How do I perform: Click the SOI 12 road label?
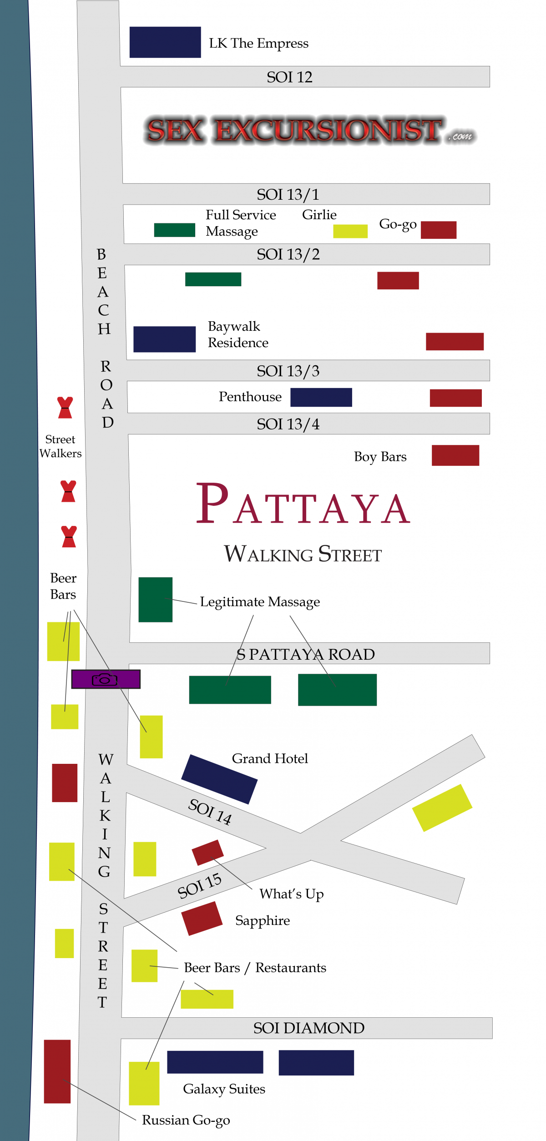click(289, 77)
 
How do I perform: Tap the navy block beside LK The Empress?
click(165, 42)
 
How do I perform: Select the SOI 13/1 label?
click(288, 194)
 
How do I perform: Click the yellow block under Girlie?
click(350, 231)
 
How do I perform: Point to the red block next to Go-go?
click(438, 230)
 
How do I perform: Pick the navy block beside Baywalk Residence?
click(164, 339)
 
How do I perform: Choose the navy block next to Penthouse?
click(321, 397)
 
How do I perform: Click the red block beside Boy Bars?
click(455, 455)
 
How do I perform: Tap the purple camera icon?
click(106, 679)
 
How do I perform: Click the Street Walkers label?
click(60, 446)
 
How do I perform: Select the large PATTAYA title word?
click(303, 505)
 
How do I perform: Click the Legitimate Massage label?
click(260, 602)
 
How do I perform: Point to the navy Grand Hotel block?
click(219, 779)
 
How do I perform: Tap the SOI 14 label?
click(210, 811)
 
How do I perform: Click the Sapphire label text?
click(263, 920)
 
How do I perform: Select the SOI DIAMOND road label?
click(308, 1028)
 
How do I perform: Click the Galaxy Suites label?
click(224, 1089)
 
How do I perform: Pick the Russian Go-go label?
click(186, 1120)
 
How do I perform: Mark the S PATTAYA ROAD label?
click(305, 654)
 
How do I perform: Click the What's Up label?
click(291, 894)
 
